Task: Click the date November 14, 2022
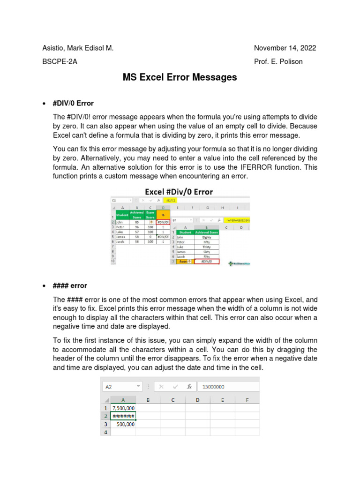[285, 48]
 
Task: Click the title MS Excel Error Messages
[180, 77]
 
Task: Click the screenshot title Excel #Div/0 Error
[179, 192]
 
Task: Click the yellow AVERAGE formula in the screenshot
[238, 219]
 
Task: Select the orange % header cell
[163, 215]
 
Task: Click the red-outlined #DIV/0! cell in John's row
[163, 222]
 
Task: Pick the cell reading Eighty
[206, 237]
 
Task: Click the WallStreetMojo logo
[239, 263]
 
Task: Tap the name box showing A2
[121, 387]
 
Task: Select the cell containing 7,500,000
[124, 408]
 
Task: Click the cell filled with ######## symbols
[124, 416]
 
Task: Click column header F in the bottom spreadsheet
[247, 400]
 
